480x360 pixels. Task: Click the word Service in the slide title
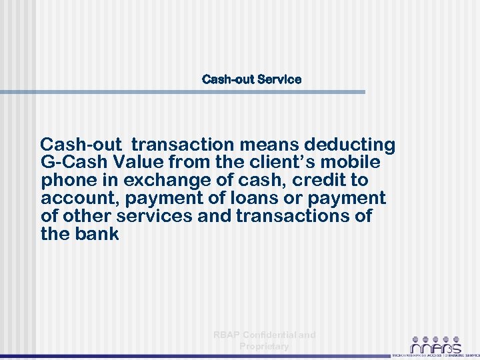(x=279, y=79)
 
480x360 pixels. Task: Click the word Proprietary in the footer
(x=264, y=346)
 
